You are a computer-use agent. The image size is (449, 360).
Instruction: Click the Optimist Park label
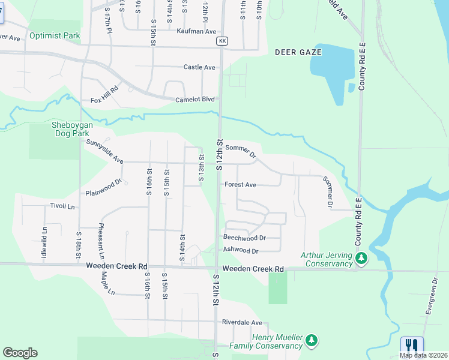click(x=55, y=36)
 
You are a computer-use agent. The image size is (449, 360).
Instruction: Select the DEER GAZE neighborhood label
click(x=298, y=52)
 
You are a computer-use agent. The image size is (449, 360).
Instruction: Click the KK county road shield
click(x=222, y=41)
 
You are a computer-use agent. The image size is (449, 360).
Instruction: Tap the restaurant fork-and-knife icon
click(x=411, y=346)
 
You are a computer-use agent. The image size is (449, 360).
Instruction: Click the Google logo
click(x=20, y=353)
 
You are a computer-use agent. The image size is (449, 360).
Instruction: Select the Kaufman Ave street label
click(x=196, y=31)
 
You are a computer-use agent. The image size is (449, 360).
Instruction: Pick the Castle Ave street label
click(x=199, y=67)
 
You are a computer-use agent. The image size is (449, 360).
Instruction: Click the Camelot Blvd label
click(x=194, y=100)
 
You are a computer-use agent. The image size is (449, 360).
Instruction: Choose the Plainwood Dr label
click(x=103, y=188)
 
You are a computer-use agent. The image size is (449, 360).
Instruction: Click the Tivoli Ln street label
click(x=62, y=206)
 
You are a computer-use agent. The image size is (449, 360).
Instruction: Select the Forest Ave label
click(x=240, y=185)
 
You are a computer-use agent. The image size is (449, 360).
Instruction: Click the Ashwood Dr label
click(x=240, y=251)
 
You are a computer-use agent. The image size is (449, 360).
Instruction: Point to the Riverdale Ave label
click(x=242, y=322)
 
